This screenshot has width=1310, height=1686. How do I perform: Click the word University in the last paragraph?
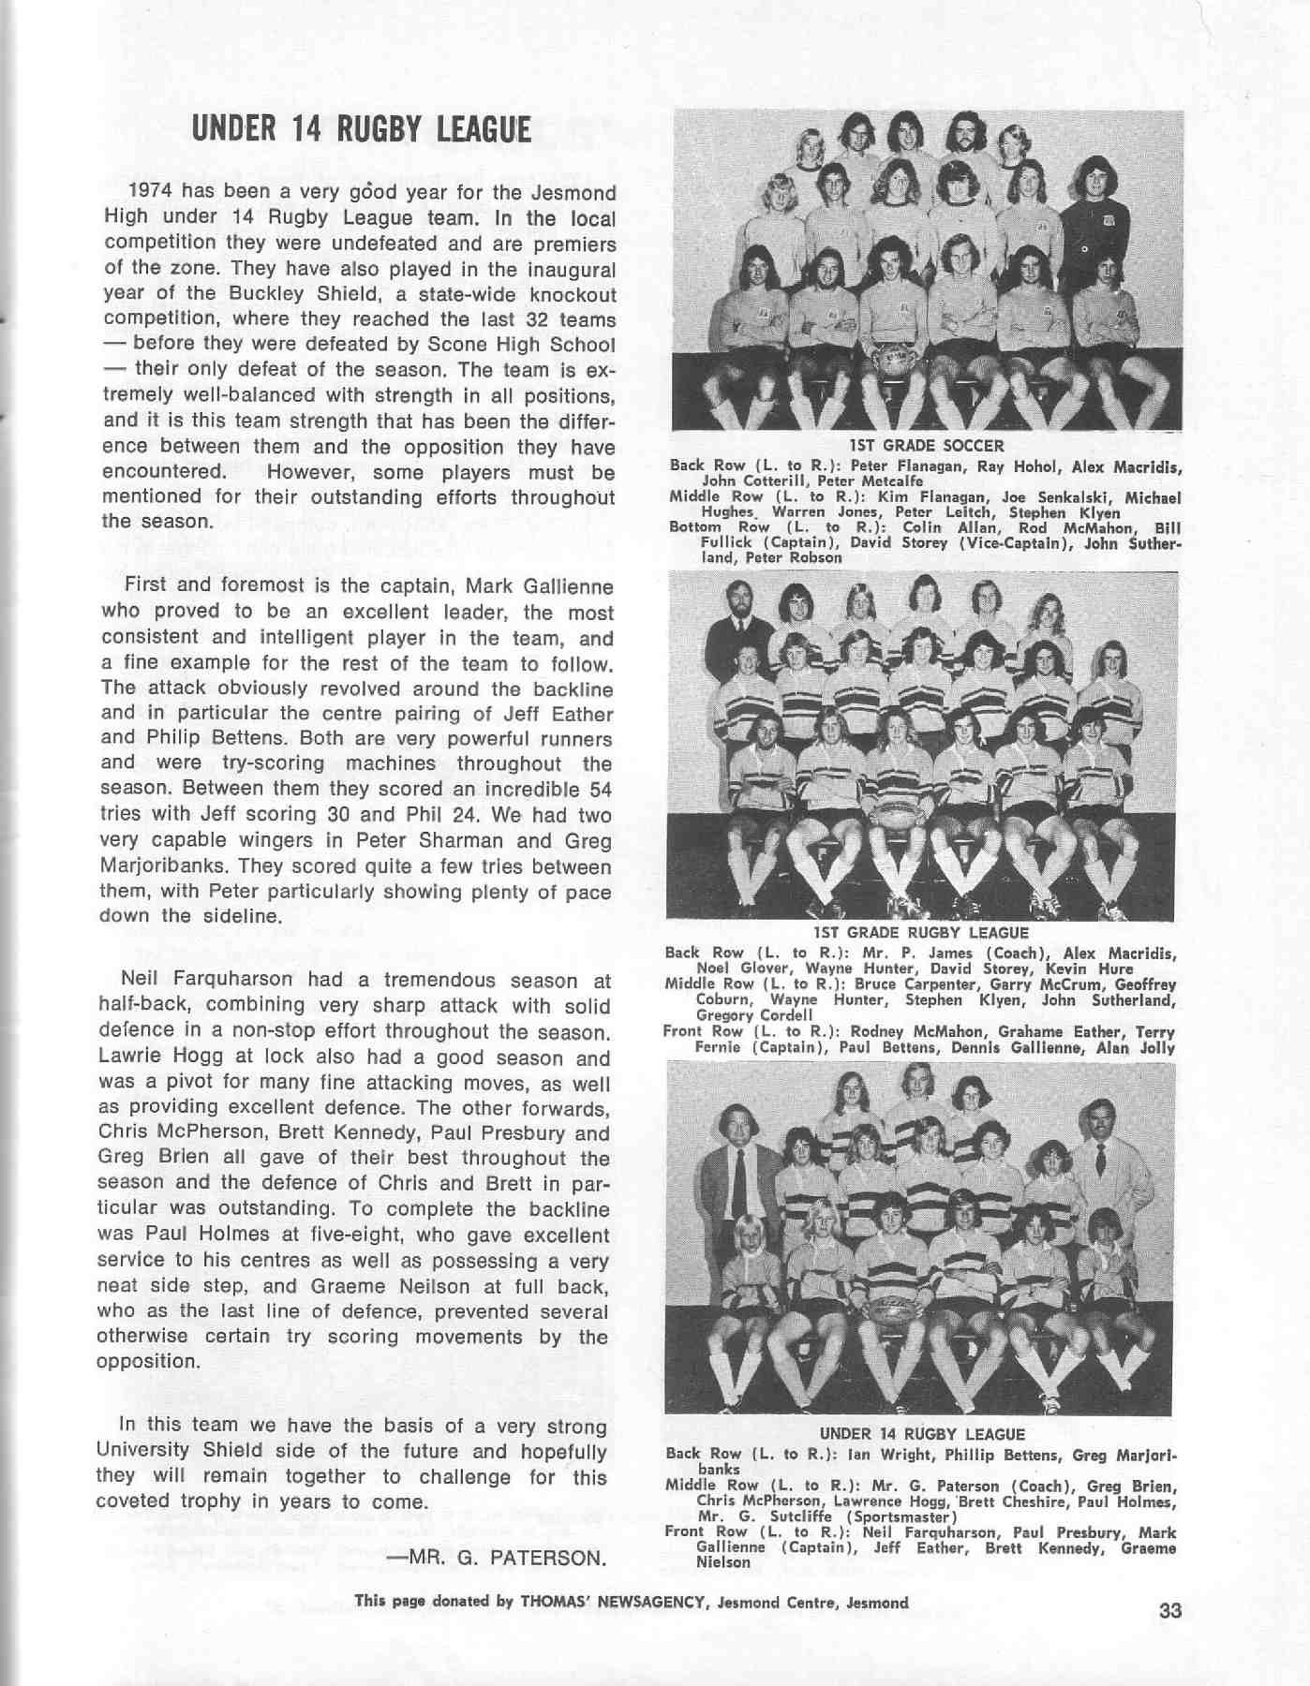[143, 1452]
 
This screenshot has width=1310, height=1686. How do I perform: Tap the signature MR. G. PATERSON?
[496, 1558]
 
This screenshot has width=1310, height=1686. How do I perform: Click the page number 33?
[1170, 1611]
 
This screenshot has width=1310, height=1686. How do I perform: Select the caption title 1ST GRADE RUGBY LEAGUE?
[921, 933]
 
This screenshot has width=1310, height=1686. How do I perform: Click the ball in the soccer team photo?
[892, 361]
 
